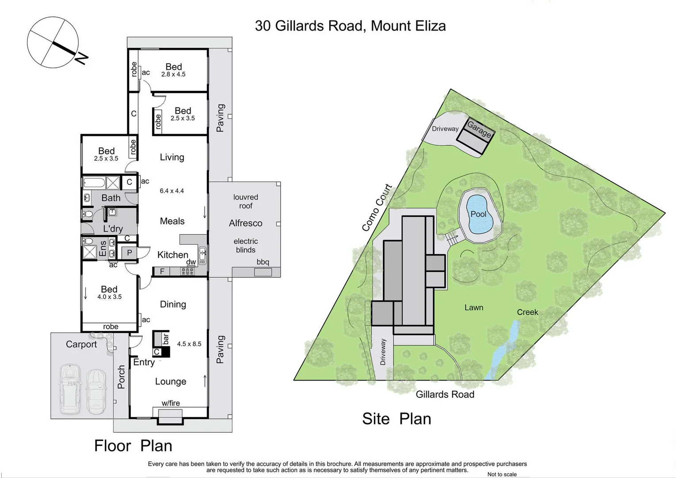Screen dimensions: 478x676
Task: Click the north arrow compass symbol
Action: [x=53, y=42]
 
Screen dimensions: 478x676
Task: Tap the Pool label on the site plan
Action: [x=478, y=214]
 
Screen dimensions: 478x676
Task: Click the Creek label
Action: [x=527, y=312]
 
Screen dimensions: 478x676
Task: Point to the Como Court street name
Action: [x=377, y=208]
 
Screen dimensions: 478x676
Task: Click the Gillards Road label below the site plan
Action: [x=445, y=394]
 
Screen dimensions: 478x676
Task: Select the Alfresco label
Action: [x=246, y=224]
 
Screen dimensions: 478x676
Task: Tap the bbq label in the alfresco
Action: [x=263, y=262]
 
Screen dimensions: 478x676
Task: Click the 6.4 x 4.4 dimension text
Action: [x=172, y=191]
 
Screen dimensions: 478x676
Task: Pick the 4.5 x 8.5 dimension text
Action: [x=189, y=343]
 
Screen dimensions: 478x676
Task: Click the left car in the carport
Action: [x=70, y=388]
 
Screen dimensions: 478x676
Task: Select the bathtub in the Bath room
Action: [x=94, y=183]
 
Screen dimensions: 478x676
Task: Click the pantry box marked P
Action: [x=130, y=253]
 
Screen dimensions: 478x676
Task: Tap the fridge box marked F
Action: [x=162, y=271]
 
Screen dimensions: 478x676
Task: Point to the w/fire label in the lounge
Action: [x=170, y=403]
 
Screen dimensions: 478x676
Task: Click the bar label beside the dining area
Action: [x=165, y=339]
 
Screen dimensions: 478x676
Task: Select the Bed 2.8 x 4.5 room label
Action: [x=173, y=70]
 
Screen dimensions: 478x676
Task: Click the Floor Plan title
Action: [x=133, y=446]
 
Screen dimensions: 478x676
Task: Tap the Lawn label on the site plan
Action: [x=473, y=308]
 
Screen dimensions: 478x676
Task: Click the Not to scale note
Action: [x=502, y=474]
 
